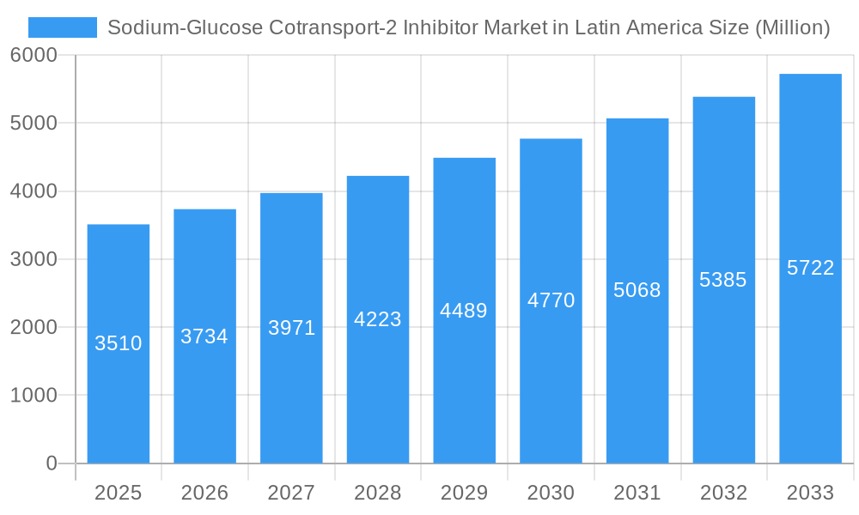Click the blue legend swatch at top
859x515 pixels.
(63, 27)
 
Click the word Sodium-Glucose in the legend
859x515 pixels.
(185, 28)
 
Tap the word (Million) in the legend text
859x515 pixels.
(792, 28)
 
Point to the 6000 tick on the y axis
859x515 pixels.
(34, 56)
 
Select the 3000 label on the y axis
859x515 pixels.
(34, 259)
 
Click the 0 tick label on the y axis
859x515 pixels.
(51, 463)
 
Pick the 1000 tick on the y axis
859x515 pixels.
(34, 396)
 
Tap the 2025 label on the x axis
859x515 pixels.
(118, 493)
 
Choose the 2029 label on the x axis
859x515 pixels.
(464, 493)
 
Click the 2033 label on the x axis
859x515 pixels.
(810, 493)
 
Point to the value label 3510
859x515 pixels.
(118, 343)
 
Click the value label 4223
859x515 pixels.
(378, 319)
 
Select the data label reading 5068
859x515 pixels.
(637, 290)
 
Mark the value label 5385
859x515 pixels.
(723, 280)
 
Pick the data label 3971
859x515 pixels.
(291, 328)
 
